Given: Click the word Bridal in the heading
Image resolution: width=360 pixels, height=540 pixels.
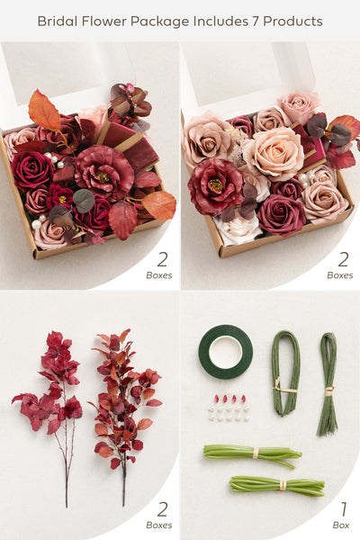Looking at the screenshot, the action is point(58,22).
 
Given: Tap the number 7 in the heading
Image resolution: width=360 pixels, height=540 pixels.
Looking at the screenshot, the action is point(254,22).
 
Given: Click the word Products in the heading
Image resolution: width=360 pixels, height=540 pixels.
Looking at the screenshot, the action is point(292,22).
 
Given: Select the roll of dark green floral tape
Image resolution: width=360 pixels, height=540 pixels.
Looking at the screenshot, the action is point(226,352).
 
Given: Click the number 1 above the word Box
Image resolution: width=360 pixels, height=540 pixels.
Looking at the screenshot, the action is point(344,509).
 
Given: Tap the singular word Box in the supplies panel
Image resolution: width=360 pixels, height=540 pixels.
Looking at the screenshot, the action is point(341,526).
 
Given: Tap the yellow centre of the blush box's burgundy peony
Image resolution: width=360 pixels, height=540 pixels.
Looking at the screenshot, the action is point(216,184).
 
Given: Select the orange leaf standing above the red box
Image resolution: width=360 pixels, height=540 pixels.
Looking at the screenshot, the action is point(44,110).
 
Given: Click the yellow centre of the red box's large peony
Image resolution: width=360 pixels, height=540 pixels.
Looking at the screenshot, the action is point(103,177).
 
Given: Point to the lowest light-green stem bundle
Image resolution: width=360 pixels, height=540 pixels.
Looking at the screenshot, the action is point(277,486).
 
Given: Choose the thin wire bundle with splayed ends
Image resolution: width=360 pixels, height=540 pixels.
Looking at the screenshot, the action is point(328,384).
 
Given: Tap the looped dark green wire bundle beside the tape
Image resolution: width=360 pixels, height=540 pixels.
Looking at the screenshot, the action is point(286,372).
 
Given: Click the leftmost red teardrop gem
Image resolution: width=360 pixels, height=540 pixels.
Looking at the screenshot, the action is point(217,399).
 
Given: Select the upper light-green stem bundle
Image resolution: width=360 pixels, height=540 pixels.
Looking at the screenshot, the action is point(253,455).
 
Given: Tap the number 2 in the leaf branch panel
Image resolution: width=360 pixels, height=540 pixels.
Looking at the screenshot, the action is point(162,509).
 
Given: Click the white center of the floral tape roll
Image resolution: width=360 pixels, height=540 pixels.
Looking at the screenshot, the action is point(226,352).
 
